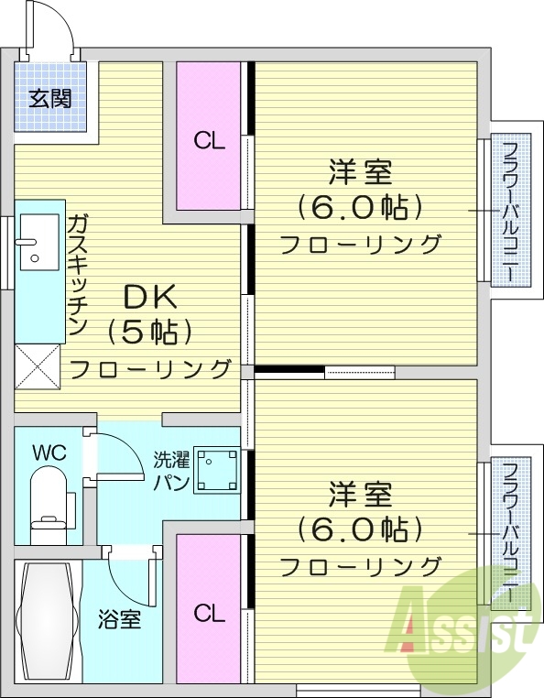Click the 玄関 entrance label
pyautogui.click(x=49, y=98)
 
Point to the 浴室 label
pyautogui.click(x=120, y=619)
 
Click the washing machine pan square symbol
pyautogui.click(x=217, y=471)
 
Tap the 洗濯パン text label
pyautogui.click(x=170, y=469)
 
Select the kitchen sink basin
pyautogui.click(x=38, y=242)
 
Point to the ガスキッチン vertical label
pyautogui.click(x=77, y=275)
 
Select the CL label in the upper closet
pyautogui.click(x=209, y=141)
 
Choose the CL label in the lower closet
pyautogui.click(x=209, y=613)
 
